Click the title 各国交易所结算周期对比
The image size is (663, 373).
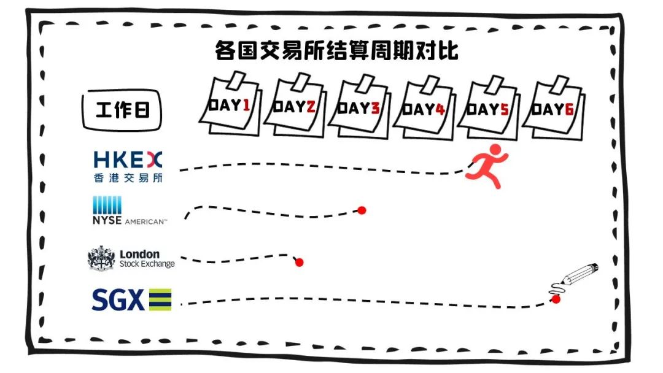point(336,50)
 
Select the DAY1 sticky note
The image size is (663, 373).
point(229,106)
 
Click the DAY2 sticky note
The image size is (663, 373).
point(295,106)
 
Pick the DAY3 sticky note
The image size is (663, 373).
point(359,107)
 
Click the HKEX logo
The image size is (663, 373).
point(128,161)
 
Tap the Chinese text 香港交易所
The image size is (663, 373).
point(128,178)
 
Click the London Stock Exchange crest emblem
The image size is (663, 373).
point(101,258)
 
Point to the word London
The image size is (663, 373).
point(139,254)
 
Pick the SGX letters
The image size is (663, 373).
point(118,300)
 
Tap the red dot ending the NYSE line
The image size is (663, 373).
point(362,210)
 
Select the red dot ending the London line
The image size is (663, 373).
point(300,263)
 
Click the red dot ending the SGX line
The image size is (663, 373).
point(556,299)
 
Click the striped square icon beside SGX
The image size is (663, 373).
point(160,300)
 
